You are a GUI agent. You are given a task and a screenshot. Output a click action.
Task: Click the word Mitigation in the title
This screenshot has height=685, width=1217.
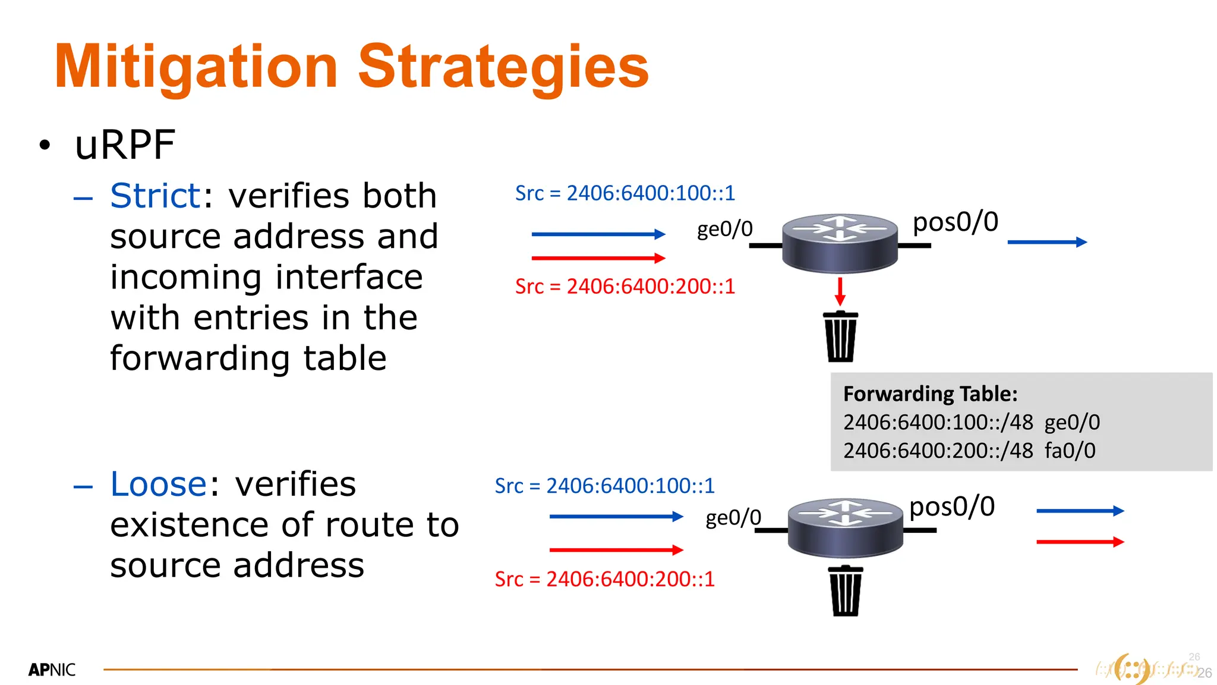(196, 67)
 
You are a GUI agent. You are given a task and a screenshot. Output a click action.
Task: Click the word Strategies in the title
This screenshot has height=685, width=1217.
(503, 67)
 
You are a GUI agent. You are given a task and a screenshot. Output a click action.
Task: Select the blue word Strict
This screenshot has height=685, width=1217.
(155, 196)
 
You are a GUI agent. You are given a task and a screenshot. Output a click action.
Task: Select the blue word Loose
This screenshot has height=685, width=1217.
(158, 484)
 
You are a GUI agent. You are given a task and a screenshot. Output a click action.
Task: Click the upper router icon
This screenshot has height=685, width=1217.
(839, 243)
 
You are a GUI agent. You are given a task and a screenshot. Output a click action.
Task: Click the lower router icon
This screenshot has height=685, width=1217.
(845, 527)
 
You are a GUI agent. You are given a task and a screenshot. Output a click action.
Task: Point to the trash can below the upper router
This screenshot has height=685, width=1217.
(840, 337)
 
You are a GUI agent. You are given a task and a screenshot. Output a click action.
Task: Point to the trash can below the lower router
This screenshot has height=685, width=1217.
(845, 591)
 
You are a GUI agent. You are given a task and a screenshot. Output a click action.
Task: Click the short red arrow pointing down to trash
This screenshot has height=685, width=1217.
(840, 291)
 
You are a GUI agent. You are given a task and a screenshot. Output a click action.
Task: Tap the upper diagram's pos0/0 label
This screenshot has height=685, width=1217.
(955, 222)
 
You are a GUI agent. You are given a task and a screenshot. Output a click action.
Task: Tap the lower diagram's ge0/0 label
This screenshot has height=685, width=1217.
(733, 517)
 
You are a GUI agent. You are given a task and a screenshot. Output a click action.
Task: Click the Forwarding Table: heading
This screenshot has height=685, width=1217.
(930, 394)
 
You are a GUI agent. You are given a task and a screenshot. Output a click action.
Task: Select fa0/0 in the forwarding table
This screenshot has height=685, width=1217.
(1070, 451)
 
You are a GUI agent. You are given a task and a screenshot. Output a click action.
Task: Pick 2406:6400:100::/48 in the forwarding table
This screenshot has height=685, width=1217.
(938, 422)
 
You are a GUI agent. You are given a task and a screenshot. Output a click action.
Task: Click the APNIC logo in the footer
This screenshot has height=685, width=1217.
(52, 670)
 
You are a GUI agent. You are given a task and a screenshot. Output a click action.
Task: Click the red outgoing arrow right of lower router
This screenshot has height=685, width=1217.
(1080, 542)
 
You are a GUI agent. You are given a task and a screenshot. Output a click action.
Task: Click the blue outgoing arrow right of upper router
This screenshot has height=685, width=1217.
(1047, 242)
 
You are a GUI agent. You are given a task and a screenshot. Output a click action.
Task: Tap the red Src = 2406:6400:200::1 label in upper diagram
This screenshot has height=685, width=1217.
(625, 287)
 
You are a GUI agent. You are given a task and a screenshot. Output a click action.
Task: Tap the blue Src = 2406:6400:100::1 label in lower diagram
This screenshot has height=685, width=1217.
(604, 486)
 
